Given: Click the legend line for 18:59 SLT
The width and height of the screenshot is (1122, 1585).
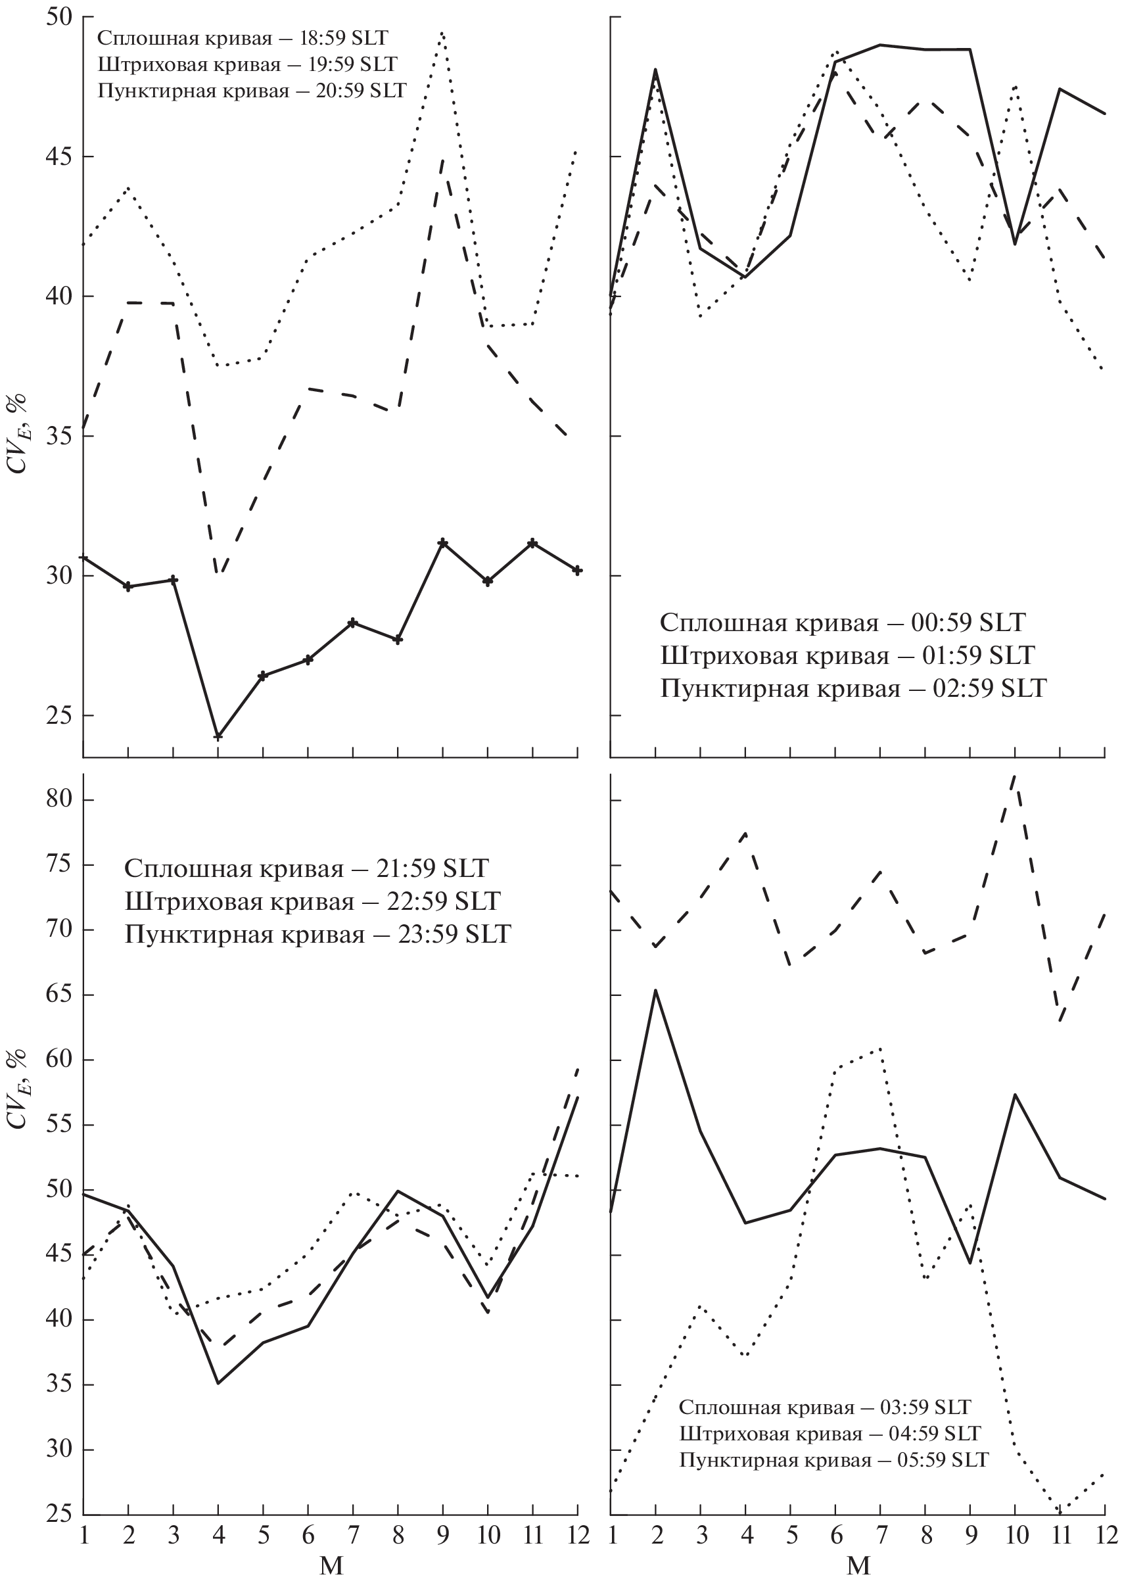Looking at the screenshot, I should coord(243,37).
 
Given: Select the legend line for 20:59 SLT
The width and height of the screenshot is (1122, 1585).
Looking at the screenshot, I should coord(252,91).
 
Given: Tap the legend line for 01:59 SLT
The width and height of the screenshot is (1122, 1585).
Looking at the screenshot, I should coord(847,655).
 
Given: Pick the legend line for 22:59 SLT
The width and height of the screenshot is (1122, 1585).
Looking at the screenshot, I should coord(312,901).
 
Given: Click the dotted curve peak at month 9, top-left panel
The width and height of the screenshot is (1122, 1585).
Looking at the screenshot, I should coord(442,32).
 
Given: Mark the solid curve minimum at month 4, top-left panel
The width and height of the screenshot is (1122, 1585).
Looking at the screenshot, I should coord(218,736).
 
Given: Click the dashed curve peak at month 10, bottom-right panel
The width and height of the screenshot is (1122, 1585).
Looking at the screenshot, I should coord(1014,775).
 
